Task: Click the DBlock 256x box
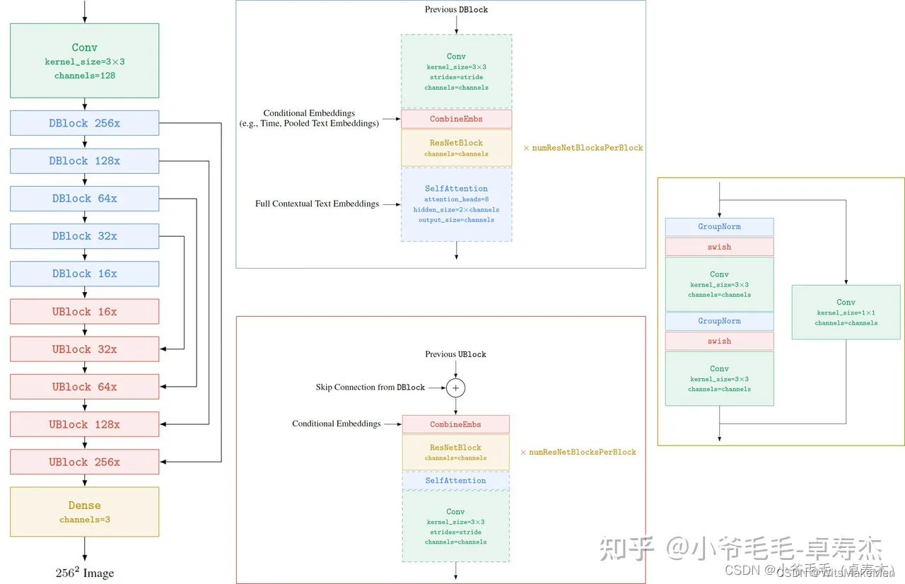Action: (84, 123)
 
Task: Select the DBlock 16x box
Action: (84, 274)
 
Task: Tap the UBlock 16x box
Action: (84, 312)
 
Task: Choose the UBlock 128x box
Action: (84, 424)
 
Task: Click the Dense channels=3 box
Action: (84, 511)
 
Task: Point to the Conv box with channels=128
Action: (84, 60)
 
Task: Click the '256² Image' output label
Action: (84, 573)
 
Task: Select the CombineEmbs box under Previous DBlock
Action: (456, 119)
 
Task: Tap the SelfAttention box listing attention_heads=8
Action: (456, 204)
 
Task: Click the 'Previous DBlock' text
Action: (456, 9)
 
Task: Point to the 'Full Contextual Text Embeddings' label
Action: (317, 204)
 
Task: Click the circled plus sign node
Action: (456, 387)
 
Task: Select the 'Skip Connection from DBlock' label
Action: (370, 387)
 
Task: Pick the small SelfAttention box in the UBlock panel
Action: (455, 481)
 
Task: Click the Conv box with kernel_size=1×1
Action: (846, 312)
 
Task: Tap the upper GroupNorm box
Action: (719, 227)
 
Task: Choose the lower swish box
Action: (719, 341)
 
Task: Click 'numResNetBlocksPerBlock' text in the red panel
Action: (582, 452)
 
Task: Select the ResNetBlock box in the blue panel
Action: (456, 147)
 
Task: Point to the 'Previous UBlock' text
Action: (455, 354)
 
